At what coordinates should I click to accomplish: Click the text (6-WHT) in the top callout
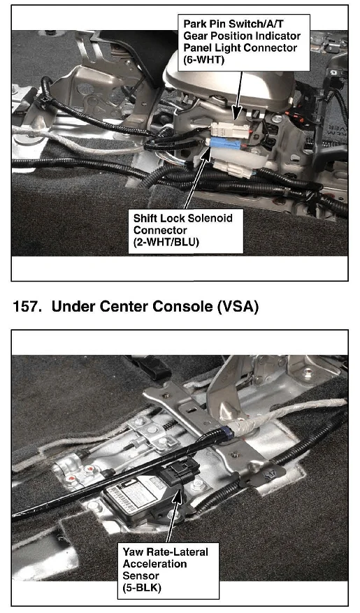[x=204, y=60]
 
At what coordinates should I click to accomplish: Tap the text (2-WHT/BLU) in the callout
[x=166, y=243]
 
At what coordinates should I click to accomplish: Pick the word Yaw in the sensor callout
[x=134, y=552]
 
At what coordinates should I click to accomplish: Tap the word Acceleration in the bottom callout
[x=154, y=564]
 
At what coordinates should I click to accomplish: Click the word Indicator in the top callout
[x=276, y=36]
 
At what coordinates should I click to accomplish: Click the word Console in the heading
[x=182, y=306]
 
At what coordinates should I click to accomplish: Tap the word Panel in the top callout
[x=198, y=48]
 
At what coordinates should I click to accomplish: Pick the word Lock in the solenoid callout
[x=171, y=218]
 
